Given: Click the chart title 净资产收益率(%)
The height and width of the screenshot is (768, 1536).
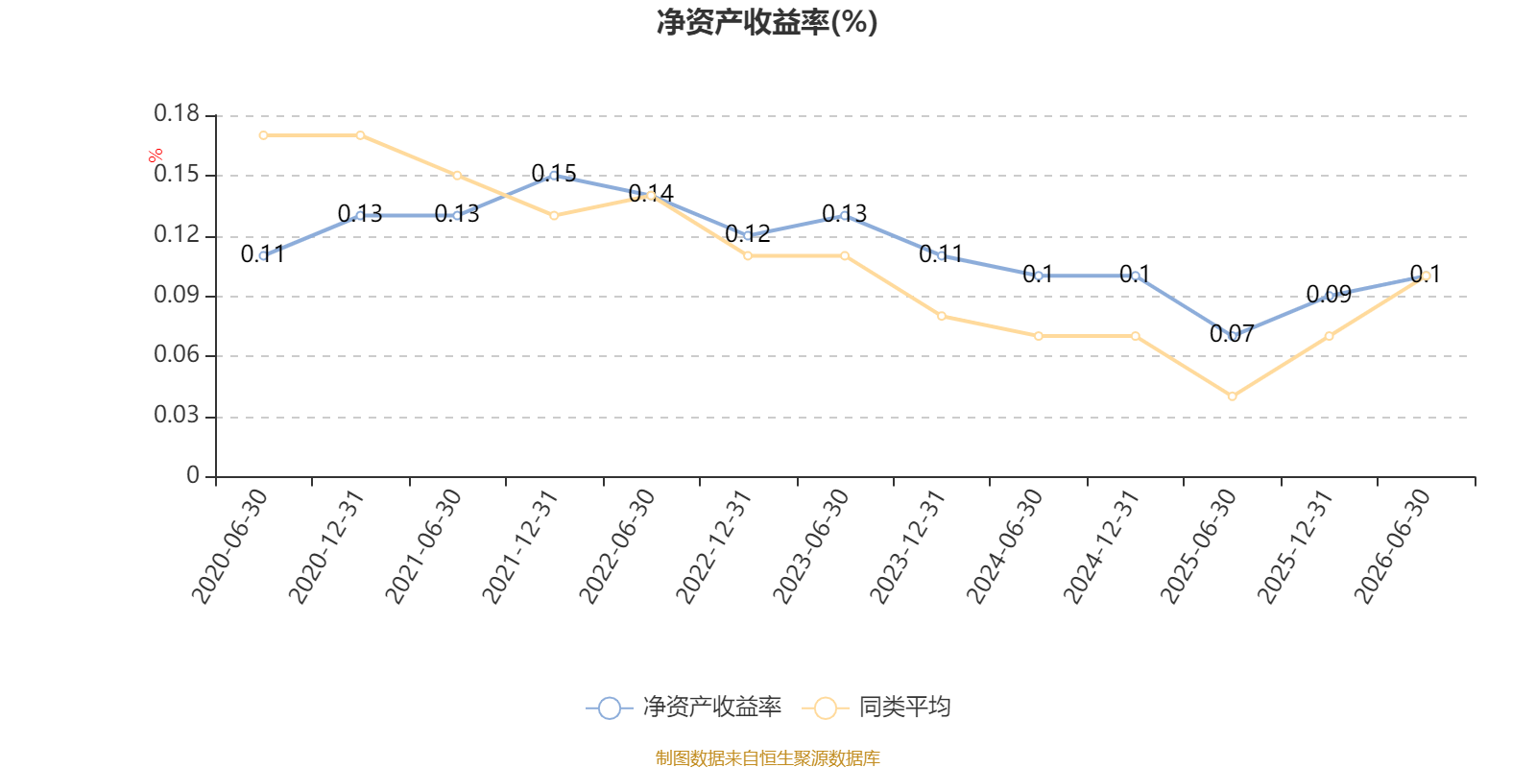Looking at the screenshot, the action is pyautogui.click(x=767, y=22).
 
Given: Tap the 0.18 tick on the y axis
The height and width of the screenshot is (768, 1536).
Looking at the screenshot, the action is pyautogui.click(x=177, y=114).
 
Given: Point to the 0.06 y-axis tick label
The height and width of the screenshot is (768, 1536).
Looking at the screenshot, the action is pyautogui.click(x=177, y=355).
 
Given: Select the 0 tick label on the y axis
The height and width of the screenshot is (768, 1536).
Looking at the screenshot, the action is pyautogui.click(x=193, y=476).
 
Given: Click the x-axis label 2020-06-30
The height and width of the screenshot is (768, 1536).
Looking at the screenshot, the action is pyautogui.click(x=229, y=546).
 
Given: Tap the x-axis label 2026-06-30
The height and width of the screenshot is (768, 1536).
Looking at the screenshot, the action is pyautogui.click(x=1391, y=546).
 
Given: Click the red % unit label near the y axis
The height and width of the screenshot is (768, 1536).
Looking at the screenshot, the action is pyautogui.click(x=156, y=156).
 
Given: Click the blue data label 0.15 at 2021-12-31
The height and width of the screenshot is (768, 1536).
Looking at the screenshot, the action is pyautogui.click(x=554, y=174).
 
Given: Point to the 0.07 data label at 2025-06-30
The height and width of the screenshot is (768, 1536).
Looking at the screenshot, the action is pyautogui.click(x=1232, y=334).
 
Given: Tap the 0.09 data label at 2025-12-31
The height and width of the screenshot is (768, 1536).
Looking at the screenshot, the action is pyautogui.click(x=1329, y=294).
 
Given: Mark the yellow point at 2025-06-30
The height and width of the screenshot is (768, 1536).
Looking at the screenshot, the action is pyautogui.click(x=1233, y=396).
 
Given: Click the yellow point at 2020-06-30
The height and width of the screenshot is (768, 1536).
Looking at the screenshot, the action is pyautogui.click(x=263, y=135).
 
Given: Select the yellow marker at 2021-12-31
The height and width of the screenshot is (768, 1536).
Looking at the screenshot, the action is pyautogui.click(x=554, y=216).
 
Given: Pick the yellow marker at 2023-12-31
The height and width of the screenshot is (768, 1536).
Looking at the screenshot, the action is pyautogui.click(x=942, y=316).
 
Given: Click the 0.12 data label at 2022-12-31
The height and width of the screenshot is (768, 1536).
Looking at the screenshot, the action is pyautogui.click(x=748, y=234).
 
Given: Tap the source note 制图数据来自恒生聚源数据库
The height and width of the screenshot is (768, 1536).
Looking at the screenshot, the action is pyautogui.click(x=767, y=757).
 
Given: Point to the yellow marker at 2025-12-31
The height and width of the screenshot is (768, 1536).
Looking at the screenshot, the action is pyautogui.click(x=1329, y=336).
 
